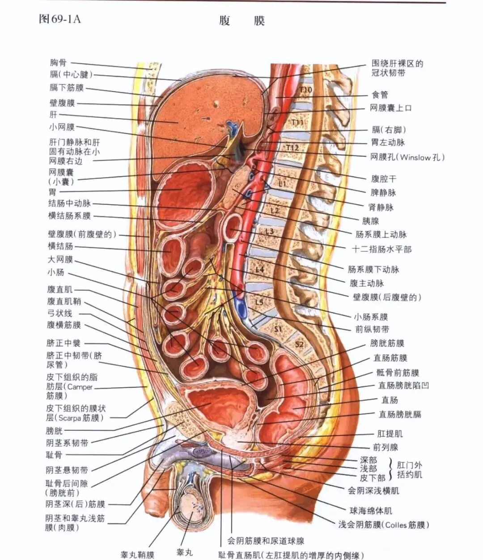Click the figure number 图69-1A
point(59,19)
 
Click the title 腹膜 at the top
point(241,21)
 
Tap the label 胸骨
point(58,63)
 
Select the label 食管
point(380,95)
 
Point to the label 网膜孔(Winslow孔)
point(407,157)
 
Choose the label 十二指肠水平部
point(381,249)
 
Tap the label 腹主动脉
point(367,283)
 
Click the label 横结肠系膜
point(69,216)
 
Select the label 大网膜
point(60,259)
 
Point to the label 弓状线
point(59,313)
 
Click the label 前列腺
point(385,447)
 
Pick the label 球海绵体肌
point(370,510)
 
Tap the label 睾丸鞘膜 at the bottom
point(137,555)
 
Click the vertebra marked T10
point(306,90)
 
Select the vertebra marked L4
point(260,269)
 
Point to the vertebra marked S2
point(299,344)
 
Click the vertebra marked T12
point(292,148)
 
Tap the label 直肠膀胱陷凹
point(403,385)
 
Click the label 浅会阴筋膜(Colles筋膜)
point(383,525)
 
